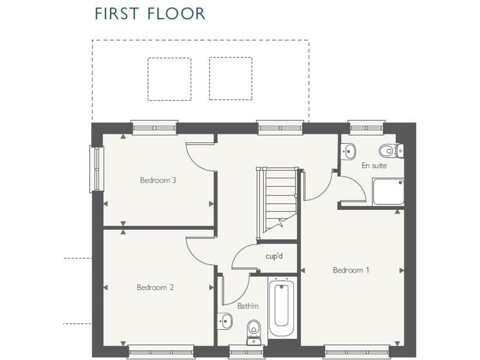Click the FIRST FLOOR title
coord(149,13)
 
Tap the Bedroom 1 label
coord(351,270)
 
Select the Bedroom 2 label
coord(155,287)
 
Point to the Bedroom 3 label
coord(157,180)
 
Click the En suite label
coord(374,166)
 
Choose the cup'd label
coord(274,256)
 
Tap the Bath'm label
coord(247,306)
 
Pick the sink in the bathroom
coord(225,322)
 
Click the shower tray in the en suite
coord(387,191)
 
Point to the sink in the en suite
coord(349,150)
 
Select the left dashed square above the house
coord(169,79)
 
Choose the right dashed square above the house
coord(231,79)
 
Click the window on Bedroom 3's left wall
coord(97,169)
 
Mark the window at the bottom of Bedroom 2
coord(151,352)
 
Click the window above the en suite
coord(367,127)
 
